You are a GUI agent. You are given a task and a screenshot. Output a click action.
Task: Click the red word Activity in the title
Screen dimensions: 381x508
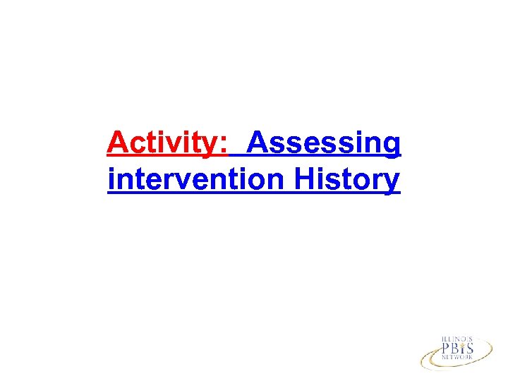pyautogui.click(x=163, y=144)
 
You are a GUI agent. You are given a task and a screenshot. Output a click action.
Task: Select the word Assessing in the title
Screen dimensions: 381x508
pyautogui.click(x=325, y=144)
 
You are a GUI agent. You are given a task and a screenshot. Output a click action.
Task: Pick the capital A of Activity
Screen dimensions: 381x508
pyautogui.click(x=118, y=143)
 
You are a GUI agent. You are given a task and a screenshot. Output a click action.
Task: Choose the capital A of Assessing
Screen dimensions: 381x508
pyautogui.click(x=258, y=143)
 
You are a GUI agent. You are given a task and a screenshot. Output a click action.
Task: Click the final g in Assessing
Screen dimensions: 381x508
pyautogui.click(x=392, y=147)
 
